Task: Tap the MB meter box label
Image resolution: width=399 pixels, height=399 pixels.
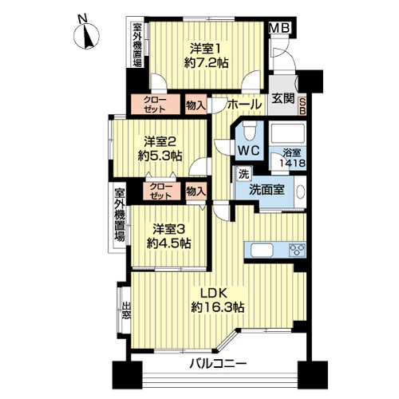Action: click(x=279, y=28)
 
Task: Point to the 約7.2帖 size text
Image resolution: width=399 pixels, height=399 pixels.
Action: click(x=206, y=64)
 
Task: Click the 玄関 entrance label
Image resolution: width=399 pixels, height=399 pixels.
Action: click(x=283, y=99)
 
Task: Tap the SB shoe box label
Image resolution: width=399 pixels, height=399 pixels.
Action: click(x=302, y=106)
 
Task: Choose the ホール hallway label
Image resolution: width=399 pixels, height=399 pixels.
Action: click(x=244, y=104)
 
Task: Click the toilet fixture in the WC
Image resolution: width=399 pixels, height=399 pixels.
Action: click(x=249, y=132)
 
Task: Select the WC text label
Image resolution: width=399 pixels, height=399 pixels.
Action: click(x=249, y=151)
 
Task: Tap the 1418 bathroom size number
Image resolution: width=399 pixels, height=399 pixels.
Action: click(x=292, y=163)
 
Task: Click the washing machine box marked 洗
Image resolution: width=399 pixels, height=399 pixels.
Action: click(x=244, y=174)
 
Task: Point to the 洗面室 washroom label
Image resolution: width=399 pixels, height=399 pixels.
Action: click(x=267, y=190)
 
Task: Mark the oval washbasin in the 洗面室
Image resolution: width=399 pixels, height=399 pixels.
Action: click(x=301, y=191)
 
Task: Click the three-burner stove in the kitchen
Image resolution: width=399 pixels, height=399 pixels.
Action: click(x=297, y=250)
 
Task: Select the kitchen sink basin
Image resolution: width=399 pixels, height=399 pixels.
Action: click(x=262, y=251)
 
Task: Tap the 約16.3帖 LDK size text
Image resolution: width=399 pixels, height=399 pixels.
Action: click(x=218, y=308)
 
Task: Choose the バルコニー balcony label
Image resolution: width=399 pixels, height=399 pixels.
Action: click(x=218, y=364)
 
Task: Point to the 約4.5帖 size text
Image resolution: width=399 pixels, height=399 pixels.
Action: click(x=168, y=243)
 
